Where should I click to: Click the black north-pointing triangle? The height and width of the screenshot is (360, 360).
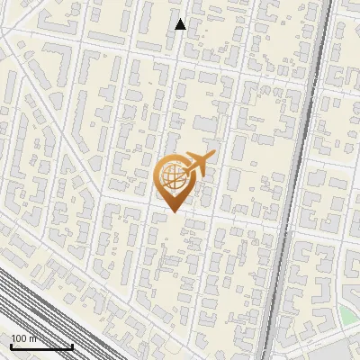click(x=180, y=25)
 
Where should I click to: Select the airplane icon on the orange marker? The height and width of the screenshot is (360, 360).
click(x=197, y=164)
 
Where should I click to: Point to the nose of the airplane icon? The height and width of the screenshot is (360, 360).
click(x=212, y=158)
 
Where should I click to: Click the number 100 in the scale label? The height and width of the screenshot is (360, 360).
click(x=19, y=338)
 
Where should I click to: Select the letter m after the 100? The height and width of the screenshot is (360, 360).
click(x=32, y=338)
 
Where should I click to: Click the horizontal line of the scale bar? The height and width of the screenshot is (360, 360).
click(x=41, y=346)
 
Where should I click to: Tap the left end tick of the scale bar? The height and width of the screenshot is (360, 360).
click(x=11, y=345)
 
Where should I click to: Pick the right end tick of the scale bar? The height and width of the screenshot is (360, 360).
click(x=72, y=345)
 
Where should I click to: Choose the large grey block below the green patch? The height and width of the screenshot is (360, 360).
click(x=337, y=351)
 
